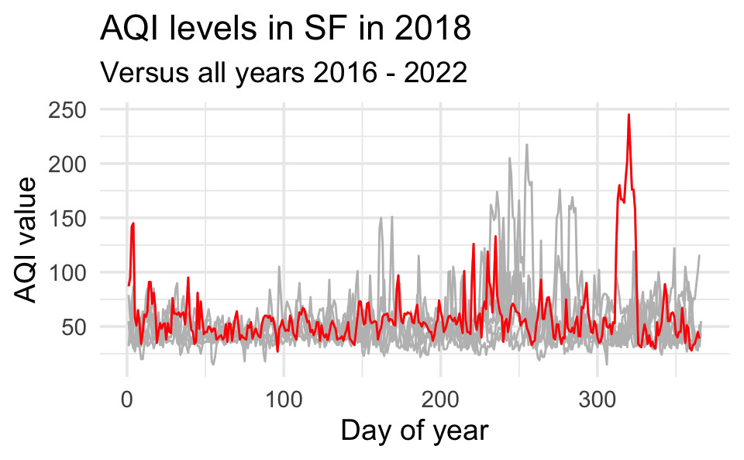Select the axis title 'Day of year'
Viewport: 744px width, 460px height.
415,431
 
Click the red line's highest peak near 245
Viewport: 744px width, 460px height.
629,115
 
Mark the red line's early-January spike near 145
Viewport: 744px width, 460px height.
133,223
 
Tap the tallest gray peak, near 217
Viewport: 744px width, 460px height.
526,144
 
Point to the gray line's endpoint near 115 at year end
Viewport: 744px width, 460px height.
699,255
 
